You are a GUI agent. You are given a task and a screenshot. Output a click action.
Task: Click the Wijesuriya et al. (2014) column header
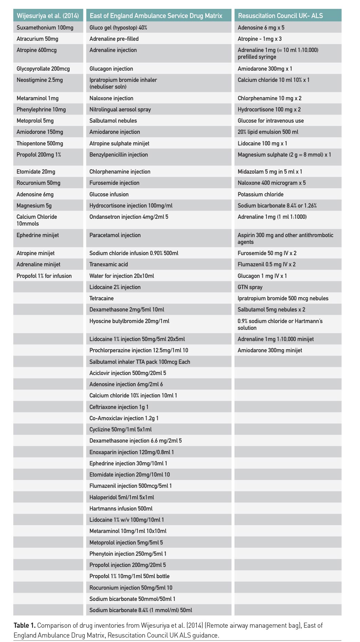tap(48, 16)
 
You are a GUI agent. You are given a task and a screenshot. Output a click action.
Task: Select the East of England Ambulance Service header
tap(156, 16)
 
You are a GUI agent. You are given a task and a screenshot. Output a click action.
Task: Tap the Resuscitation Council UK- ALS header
tap(280, 16)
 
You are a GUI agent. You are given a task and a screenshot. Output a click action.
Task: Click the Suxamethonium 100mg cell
tap(45, 28)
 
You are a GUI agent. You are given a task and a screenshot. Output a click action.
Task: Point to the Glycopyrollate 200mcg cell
tap(43, 69)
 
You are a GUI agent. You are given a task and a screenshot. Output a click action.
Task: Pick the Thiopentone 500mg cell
tap(40, 143)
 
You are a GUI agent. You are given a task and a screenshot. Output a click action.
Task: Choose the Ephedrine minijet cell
tap(38, 235)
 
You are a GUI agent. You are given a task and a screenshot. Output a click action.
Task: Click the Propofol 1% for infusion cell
tap(44, 276)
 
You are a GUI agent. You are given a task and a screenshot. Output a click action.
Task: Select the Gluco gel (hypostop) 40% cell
tap(118, 28)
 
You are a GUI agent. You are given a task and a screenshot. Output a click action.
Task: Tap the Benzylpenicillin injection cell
tap(119, 155)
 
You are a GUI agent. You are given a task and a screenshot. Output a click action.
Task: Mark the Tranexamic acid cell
tap(109, 264)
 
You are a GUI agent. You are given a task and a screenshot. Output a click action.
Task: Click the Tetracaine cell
tap(102, 298)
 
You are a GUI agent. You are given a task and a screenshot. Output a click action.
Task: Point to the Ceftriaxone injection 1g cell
tap(119, 407)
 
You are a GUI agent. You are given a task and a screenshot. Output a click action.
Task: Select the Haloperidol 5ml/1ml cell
tap(122, 497)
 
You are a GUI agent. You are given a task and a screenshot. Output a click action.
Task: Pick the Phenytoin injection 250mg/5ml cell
tap(128, 554)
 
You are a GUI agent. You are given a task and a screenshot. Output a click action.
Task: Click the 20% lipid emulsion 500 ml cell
tap(268, 132)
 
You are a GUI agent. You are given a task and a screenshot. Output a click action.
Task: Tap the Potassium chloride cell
tap(260, 194)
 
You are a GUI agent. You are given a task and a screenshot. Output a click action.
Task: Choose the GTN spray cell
tap(250, 287)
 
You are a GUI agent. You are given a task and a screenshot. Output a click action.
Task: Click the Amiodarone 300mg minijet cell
tap(270, 350)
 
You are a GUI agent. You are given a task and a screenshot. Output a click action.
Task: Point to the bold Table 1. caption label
tap(24, 625)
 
